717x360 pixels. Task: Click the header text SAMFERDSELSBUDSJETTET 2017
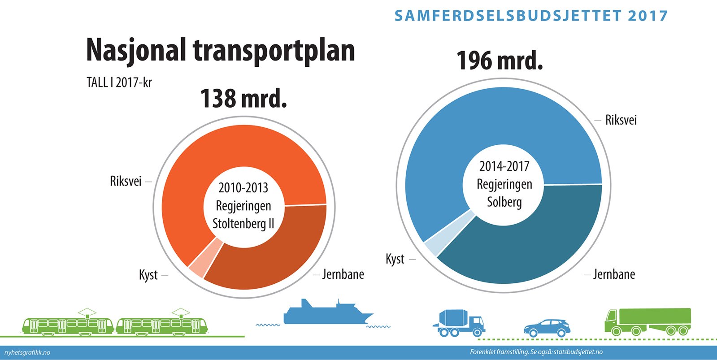(531, 16)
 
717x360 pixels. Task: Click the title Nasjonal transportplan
(220, 50)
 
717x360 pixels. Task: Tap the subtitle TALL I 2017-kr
(119, 82)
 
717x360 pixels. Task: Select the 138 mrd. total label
(243, 99)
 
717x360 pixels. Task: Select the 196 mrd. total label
(500, 61)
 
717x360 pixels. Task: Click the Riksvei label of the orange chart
(126, 182)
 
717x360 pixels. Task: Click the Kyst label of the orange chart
(148, 275)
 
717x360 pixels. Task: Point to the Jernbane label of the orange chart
(343, 274)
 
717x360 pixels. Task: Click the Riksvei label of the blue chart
(621, 120)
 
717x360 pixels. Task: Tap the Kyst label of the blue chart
(395, 259)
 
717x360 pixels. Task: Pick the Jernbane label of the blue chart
(614, 274)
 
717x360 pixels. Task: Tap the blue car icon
(547, 328)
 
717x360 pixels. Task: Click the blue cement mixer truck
(458, 323)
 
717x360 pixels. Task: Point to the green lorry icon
(647, 321)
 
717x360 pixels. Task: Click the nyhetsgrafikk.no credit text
(27, 352)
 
